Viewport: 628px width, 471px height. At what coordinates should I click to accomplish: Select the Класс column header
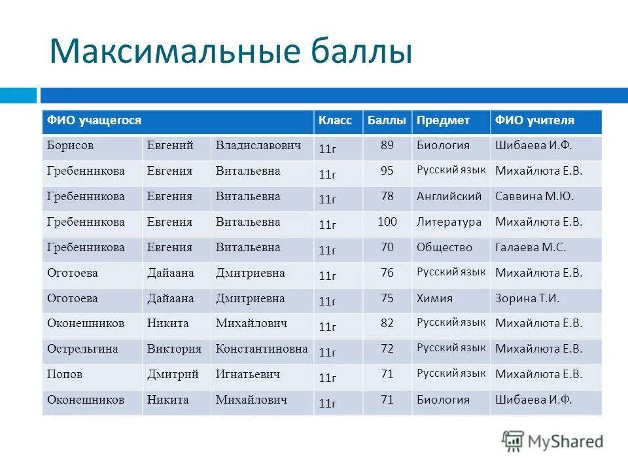tap(335, 121)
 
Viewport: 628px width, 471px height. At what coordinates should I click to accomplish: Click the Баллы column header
tap(387, 121)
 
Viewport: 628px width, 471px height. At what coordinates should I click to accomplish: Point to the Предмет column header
tap(443, 121)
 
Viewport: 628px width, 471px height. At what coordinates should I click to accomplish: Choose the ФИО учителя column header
tap(534, 121)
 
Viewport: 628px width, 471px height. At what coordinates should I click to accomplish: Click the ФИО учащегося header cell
tap(94, 121)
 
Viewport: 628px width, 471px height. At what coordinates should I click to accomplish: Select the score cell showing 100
tap(387, 222)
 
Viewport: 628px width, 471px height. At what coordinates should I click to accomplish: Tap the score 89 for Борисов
tap(387, 145)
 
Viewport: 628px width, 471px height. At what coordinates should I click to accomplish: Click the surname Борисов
tap(70, 145)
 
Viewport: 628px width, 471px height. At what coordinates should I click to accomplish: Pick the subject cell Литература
tap(449, 222)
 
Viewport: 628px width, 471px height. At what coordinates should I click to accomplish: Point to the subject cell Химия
tap(434, 298)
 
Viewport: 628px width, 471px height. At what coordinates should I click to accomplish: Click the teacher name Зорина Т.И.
tap(527, 298)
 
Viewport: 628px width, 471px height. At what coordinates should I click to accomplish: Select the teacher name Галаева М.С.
tap(531, 248)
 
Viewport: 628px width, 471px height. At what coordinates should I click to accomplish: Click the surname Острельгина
tap(82, 349)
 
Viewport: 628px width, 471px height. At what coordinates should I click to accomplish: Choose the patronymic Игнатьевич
tap(248, 375)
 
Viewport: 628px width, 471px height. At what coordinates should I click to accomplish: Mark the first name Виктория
tap(174, 349)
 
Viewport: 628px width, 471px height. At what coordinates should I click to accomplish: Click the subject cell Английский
tap(449, 196)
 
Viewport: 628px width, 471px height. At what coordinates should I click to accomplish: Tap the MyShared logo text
tap(563, 442)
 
